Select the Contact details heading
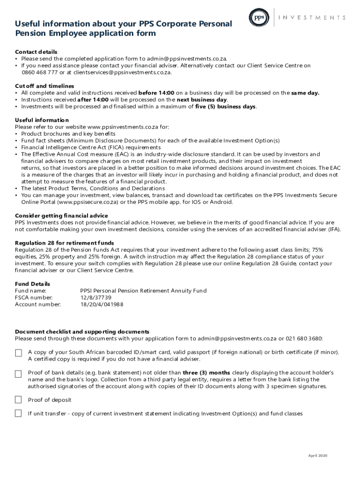tap(36, 51)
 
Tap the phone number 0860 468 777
tap(40, 73)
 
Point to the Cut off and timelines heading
tap(44, 86)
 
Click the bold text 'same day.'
tap(305, 93)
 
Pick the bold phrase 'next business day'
tap(202, 100)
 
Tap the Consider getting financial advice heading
tap(61, 216)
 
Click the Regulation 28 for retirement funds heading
tap(64, 243)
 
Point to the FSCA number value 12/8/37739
tap(96, 298)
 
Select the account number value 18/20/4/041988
tap(101, 305)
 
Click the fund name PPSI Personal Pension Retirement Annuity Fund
tap(143, 290)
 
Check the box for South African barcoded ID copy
tap(18, 353)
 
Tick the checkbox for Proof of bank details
tap(18, 374)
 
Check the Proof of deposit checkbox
tap(18, 400)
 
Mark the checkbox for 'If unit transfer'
tap(18, 414)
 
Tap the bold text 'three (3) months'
tap(206, 373)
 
